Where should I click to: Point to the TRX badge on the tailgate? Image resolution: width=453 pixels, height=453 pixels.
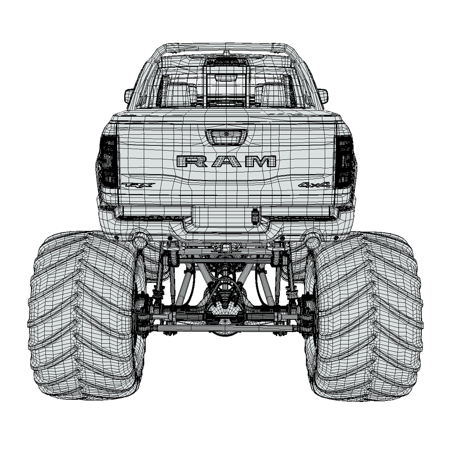click(138, 185)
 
